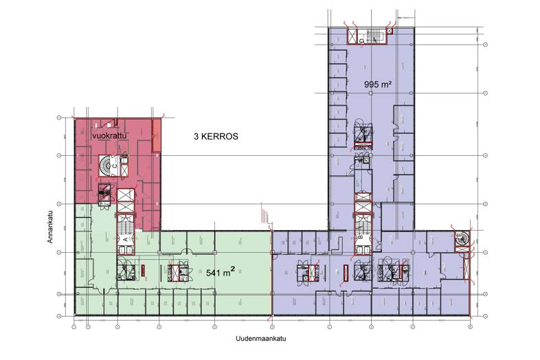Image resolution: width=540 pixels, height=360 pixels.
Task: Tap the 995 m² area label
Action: (377, 84)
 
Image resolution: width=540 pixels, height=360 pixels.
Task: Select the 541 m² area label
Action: (222, 272)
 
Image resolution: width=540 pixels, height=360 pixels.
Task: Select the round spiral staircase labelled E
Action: (459, 238)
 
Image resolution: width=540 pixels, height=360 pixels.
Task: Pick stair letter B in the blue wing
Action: (359, 238)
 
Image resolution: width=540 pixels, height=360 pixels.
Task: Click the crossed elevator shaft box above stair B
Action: (362, 203)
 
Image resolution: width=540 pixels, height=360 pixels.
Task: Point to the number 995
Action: (372, 84)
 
